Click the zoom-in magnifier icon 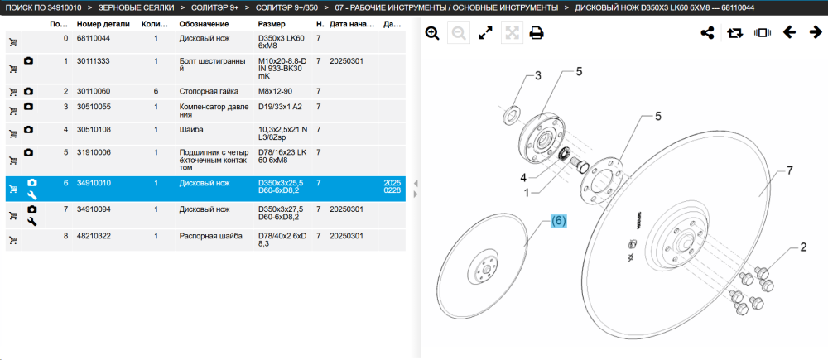(x=432, y=33)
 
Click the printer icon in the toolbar (x=537, y=33)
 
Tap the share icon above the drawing (x=707, y=33)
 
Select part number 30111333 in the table (x=94, y=61)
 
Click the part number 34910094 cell (x=94, y=209)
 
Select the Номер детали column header (x=102, y=24)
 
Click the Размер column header (x=272, y=24)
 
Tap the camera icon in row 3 (x=28, y=107)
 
